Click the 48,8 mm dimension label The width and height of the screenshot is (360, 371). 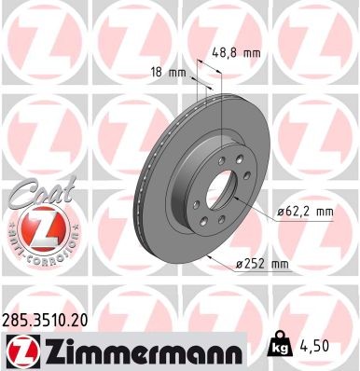(234, 53)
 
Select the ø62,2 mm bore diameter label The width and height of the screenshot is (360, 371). (306, 213)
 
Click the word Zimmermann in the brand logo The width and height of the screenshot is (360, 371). (131, 352)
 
